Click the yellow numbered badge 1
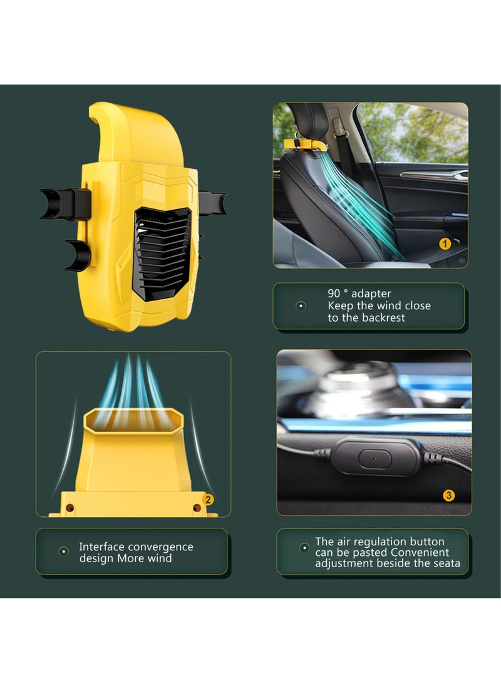click(x=445, y=244)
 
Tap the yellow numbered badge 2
click(x=209, y=500)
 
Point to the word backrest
click(x=383, y=317)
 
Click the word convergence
click(x=160, y=547)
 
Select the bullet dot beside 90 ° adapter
click(x=301, y=306)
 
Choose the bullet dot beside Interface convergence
click(x=63, y=552)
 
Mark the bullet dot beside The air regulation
click(x=304, y=548)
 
